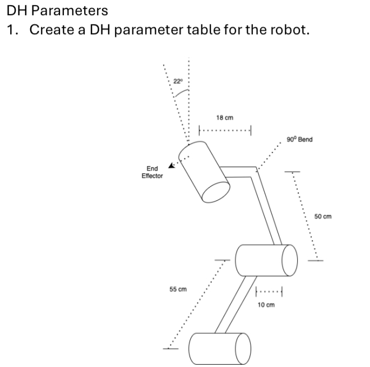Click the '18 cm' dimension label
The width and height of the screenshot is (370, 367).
[x=224, y=118]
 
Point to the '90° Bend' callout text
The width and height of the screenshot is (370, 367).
[x=299, y=139]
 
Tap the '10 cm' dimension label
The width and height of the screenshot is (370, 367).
[x=266, y=305]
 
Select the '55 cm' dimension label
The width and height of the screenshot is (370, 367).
[x=178, y=289]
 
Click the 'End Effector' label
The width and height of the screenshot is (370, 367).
[x=152, y=172]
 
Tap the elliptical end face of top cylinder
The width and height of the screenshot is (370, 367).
[x=216, y=192]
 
